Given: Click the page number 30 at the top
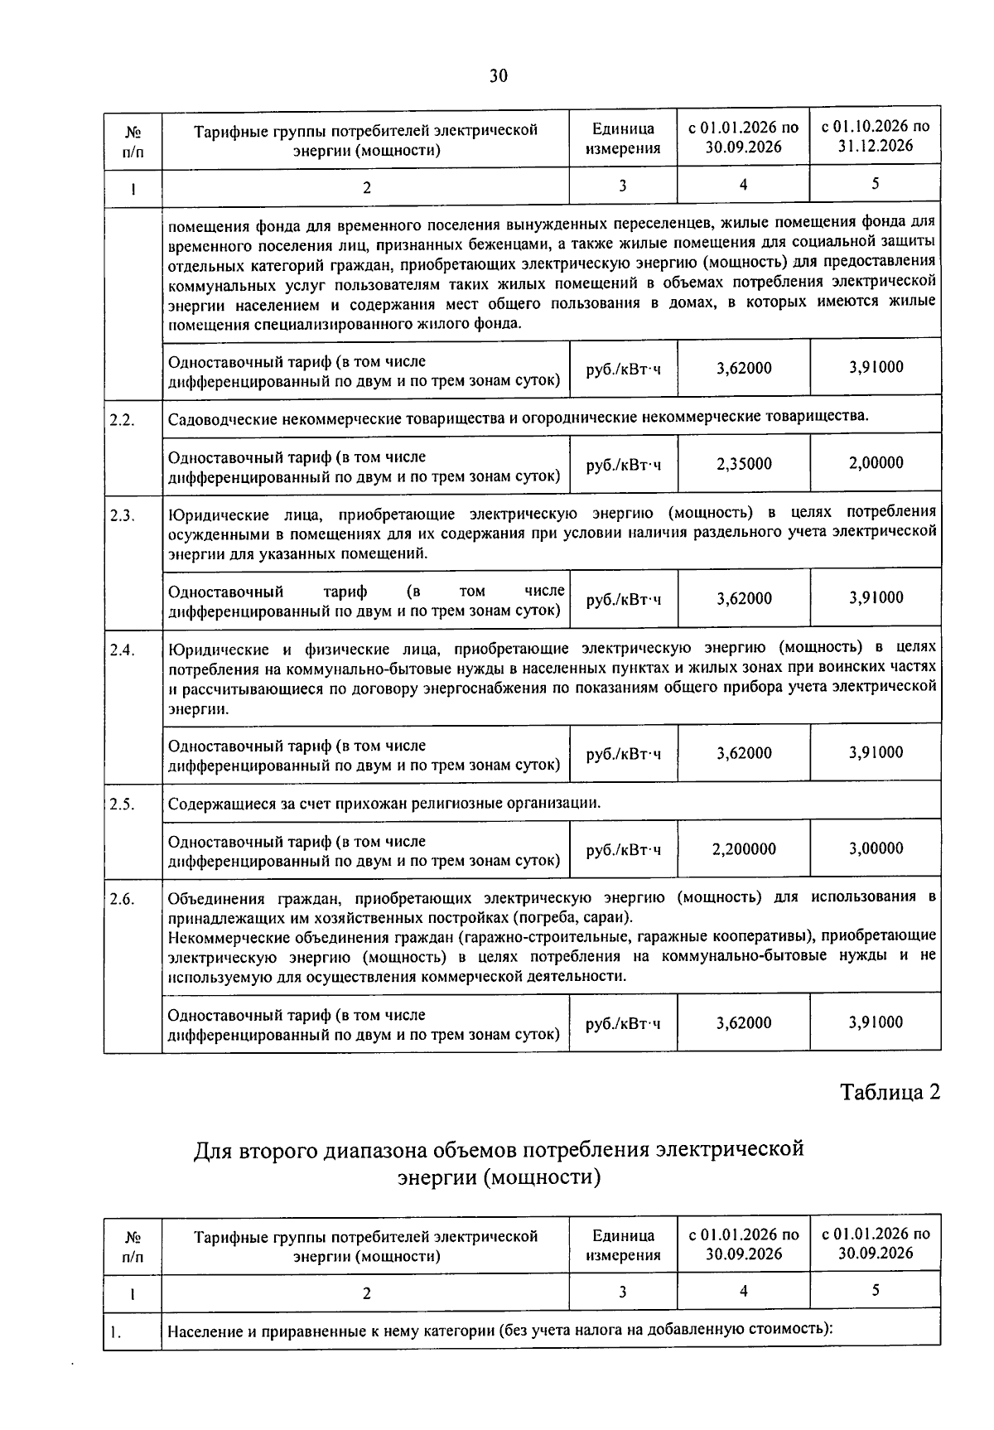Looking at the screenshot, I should coord(498,76).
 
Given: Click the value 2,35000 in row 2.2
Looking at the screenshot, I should coord(744,463).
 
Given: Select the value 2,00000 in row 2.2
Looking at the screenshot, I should coord(876,463).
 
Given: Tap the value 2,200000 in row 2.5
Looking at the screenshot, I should coord(744,849).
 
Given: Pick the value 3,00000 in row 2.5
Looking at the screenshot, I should coord(876,849).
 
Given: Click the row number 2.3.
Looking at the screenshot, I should coord(122,515).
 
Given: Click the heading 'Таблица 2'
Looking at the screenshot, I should coord(890,1092).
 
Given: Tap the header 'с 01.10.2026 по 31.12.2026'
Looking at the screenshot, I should coord(876,137).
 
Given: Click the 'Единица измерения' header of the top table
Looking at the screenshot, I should coord(623,138).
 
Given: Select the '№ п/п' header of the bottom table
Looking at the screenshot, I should coord(132,1245).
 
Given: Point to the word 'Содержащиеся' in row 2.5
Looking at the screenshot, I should coord(218,804).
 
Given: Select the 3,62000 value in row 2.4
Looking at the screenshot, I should coord(744,753).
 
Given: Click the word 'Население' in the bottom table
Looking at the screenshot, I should coord(205,1331).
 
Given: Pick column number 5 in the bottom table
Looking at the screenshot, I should coord(876,1290).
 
